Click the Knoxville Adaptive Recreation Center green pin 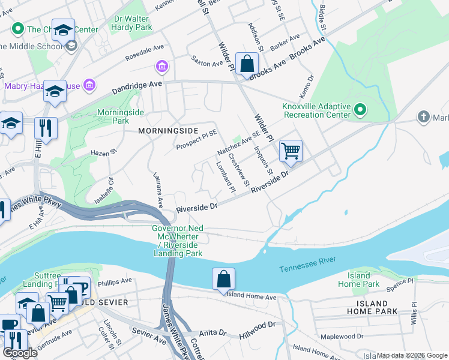tap(360, 110)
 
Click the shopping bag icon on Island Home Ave tap(223, 279)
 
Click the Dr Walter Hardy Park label tap(133, 23)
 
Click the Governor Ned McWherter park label tap(178, 241)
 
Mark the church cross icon tap(424, 116)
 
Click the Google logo tap(20, 353)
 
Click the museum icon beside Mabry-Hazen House tap(89, 85)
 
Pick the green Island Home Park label tap(358, 280)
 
